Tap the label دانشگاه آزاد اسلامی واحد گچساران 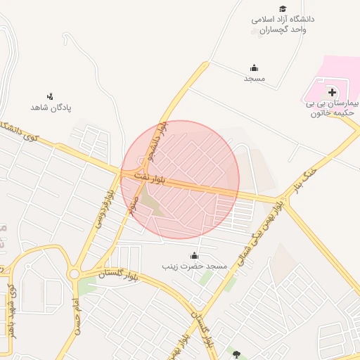click(x=283, y=24)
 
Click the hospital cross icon click(x=331, y=92)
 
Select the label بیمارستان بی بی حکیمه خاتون click(x=333, y=108)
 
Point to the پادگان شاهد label click(x=51, y=108)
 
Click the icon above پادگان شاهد click(x=50, y=96)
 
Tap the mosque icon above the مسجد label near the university click(x=254, y=68)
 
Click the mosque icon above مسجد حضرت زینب click(x=194, y=255)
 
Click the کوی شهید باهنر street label click(x=10, y=309)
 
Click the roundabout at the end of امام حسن click(x=74, y=273)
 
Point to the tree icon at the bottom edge click(x=236, y=354)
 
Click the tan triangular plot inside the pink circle click(x=150, y=205)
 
